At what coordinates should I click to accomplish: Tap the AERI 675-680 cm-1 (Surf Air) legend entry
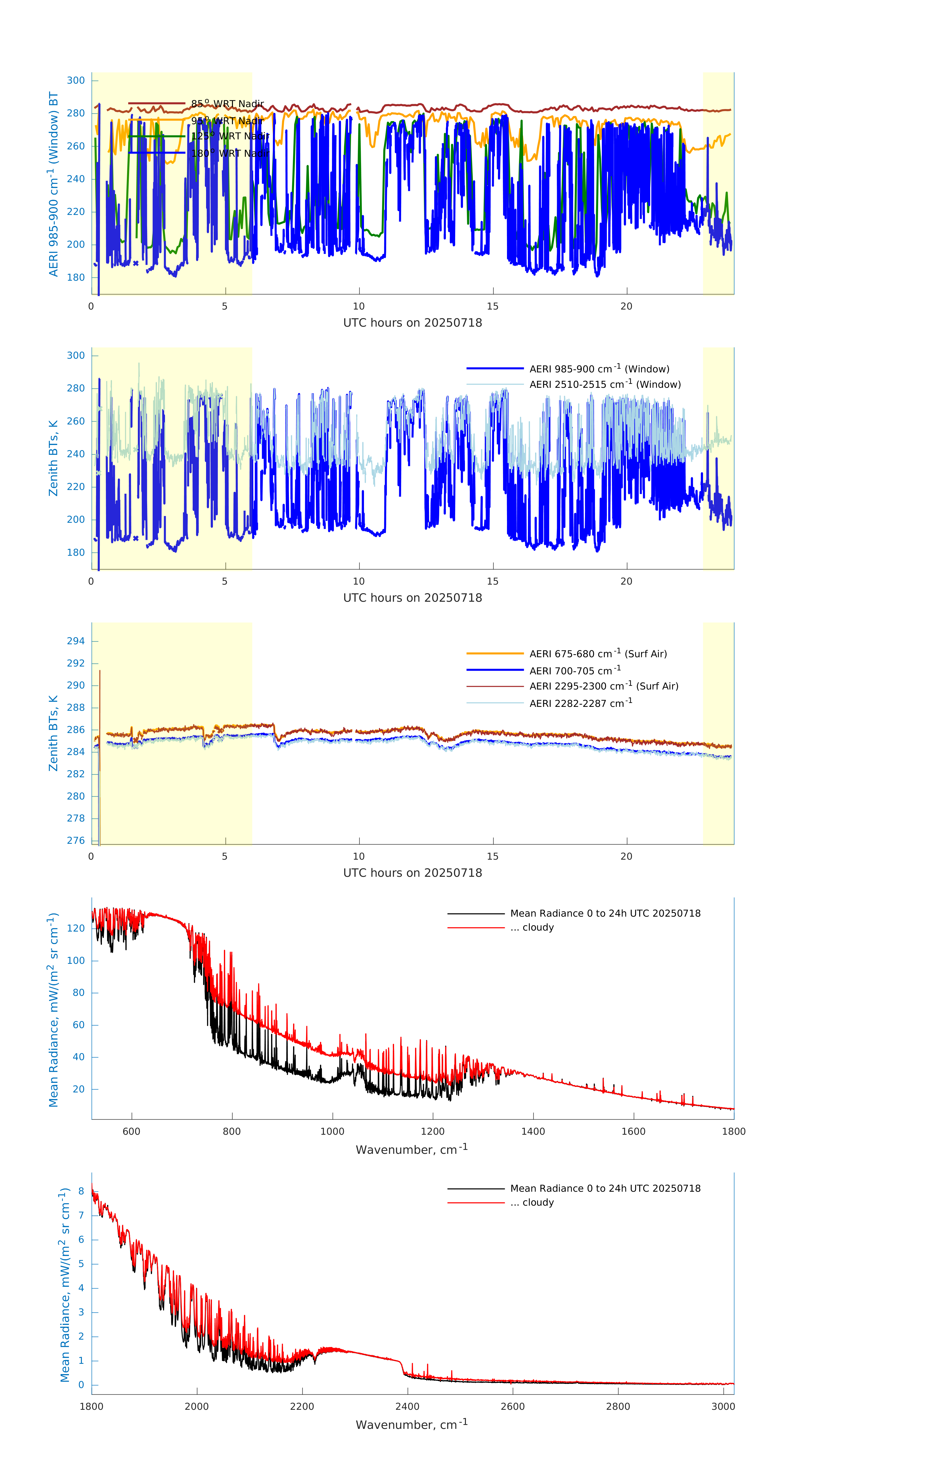[x=598, y=654]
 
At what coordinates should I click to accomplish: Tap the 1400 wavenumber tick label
[x=533, y=1131]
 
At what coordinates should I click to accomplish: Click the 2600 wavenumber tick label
[x=512, y=1406]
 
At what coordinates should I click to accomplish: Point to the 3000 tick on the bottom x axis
[x=723, y=1406]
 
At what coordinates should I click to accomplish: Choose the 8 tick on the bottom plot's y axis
[x=81, y=1191]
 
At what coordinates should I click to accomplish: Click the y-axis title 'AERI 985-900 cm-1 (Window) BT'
[x=54, y=184]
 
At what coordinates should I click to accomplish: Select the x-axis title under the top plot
[x=412, y=323]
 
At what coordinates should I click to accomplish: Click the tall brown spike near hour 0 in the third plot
[x=100, y=700]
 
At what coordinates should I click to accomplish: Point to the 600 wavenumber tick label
[x=132, y=1131]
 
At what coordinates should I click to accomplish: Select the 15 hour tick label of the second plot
[x=493, y=581]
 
